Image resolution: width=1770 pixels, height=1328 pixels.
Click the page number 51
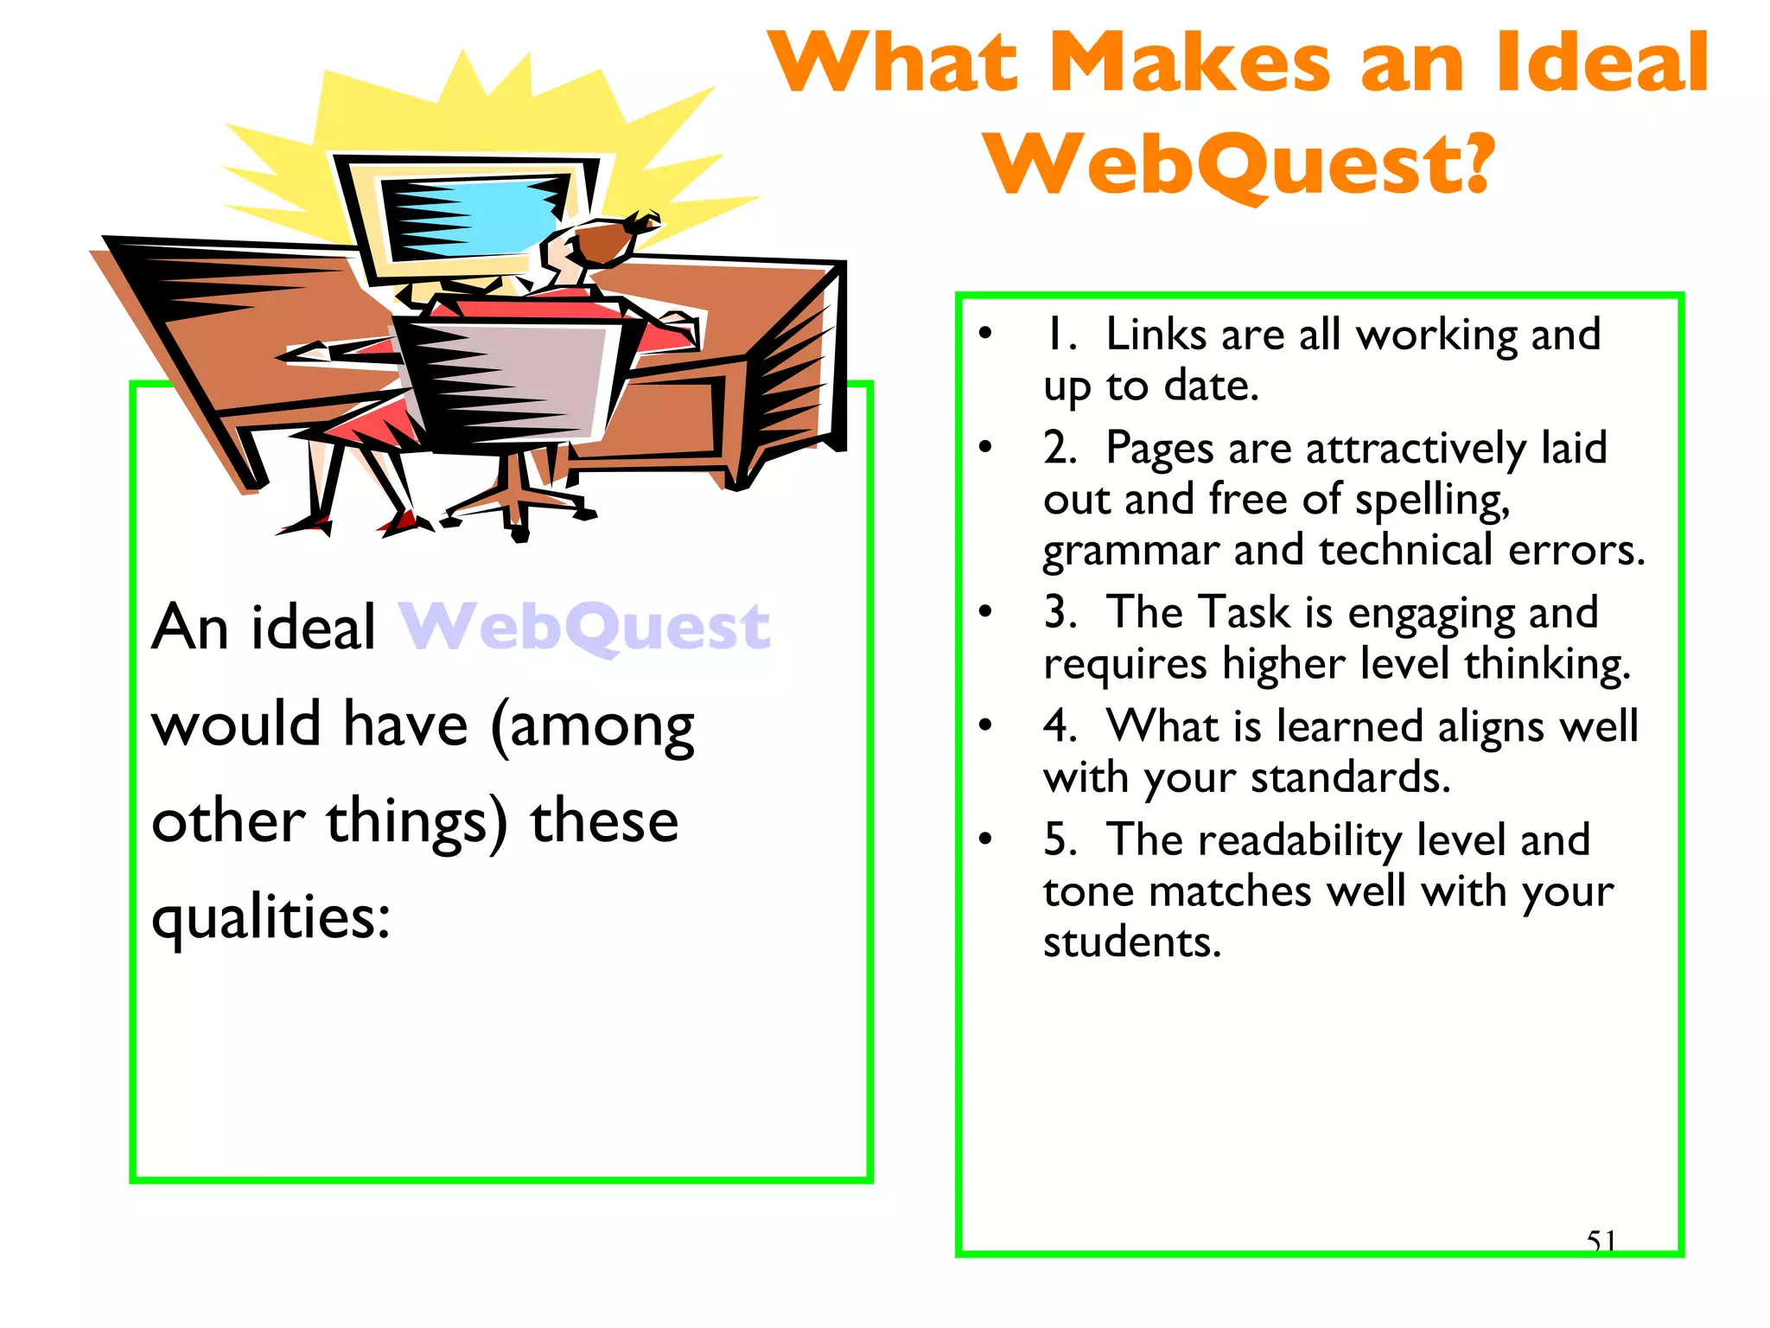coord(1601,1241)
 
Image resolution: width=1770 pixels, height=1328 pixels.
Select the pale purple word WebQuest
coord(584,627)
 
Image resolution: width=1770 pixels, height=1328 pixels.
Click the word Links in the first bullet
coord(1157,335)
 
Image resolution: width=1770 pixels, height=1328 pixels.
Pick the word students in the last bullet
coord(1131,942)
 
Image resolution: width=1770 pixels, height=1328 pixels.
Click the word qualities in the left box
coord(270,918)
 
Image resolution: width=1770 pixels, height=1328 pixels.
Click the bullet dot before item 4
coord(985,725)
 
